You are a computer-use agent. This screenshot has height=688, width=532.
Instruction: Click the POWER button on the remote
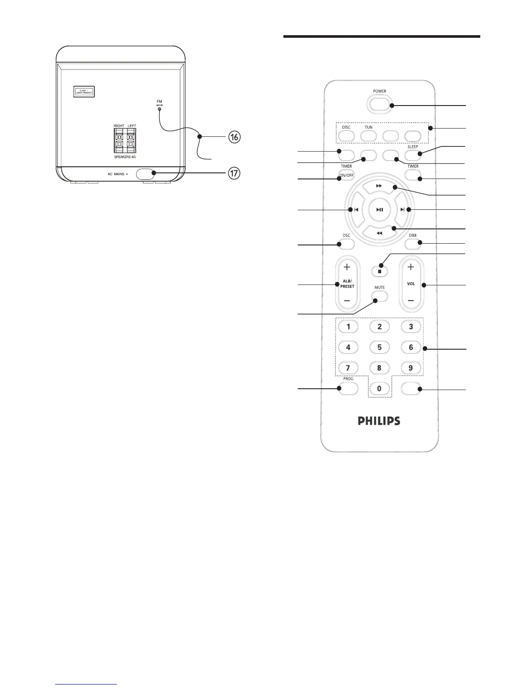tap(379, 104)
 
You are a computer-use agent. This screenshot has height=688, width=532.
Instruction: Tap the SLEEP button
tap(412, 155)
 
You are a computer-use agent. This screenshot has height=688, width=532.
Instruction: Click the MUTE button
tap(379, 296)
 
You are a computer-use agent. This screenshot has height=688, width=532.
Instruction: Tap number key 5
tap(379, 347)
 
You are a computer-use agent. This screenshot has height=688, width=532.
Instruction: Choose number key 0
tap(379, 388)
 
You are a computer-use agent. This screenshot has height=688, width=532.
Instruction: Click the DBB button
tap(412, 244)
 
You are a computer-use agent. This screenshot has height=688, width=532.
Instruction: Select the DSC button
tap(346, 244)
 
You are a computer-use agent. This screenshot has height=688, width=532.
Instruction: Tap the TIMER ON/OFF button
tap(346, 175)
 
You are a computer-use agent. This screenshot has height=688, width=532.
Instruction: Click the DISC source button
tap(346, 136)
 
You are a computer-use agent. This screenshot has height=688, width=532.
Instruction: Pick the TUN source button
tap(368, 136)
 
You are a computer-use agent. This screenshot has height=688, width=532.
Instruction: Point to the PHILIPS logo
tap(379, 420)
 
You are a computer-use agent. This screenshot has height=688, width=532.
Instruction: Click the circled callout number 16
tap(234, 137)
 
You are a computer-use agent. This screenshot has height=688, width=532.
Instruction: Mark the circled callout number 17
tap(234, 173)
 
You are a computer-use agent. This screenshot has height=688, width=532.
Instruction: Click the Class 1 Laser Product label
tap(83, 92)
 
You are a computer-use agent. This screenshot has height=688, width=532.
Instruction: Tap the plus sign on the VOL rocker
tap(411, 267)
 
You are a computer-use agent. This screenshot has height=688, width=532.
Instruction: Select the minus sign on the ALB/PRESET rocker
tap(347, 301)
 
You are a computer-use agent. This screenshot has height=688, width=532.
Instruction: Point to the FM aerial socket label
tap(159, 103)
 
